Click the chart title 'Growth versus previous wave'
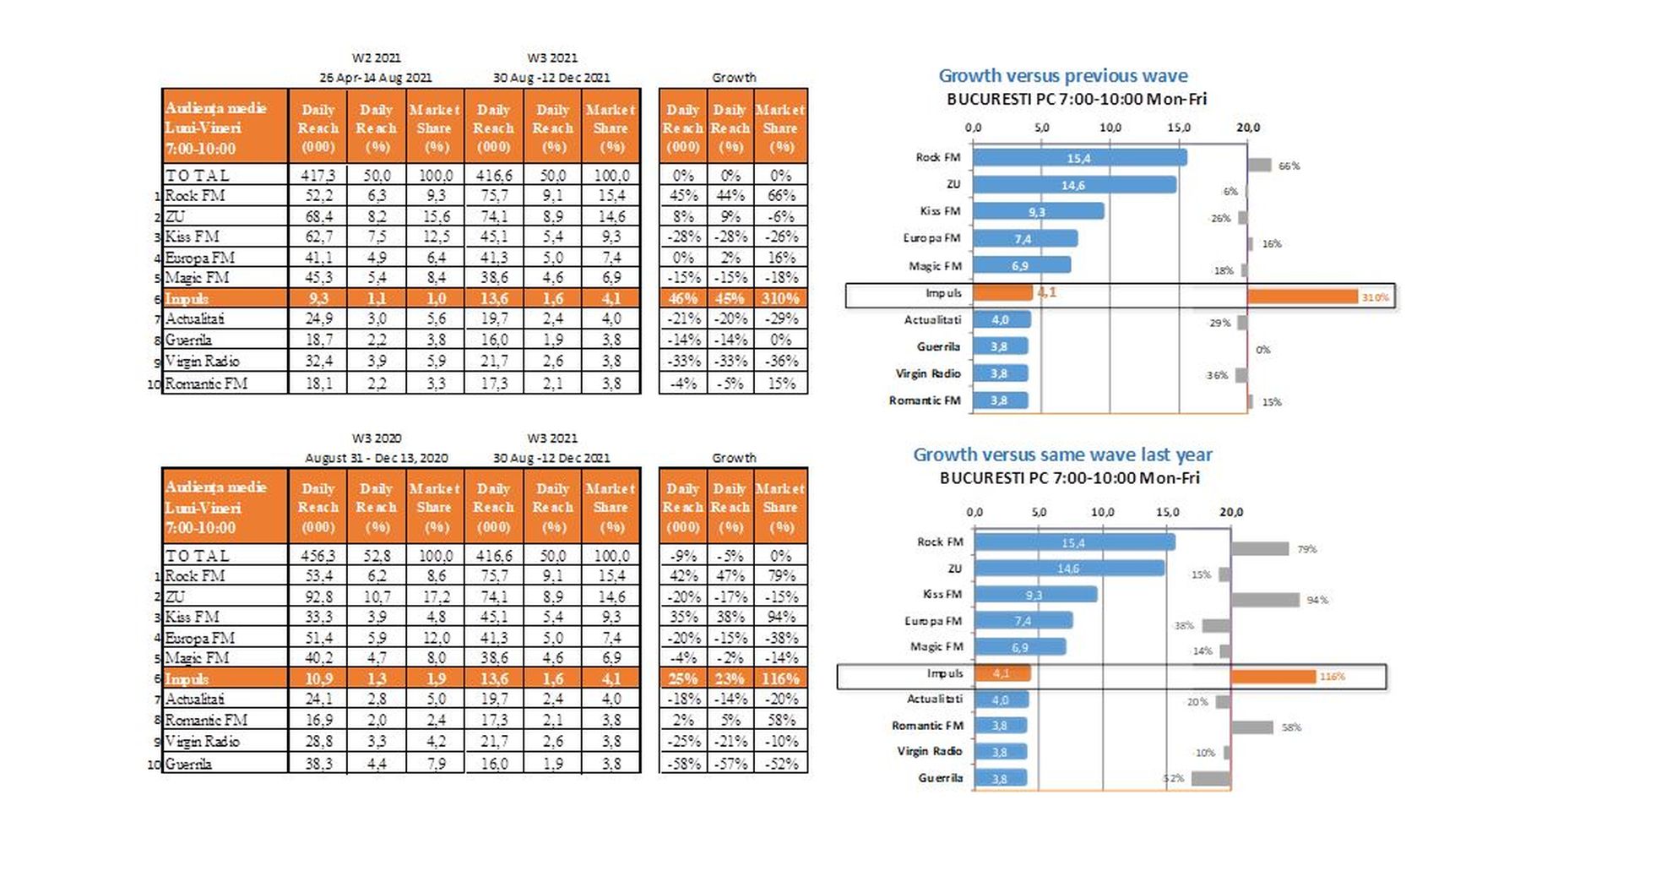[1062, 76]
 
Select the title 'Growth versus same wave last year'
[1062, 455]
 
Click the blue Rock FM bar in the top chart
[1079, 158]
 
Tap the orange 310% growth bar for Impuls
[1302, 297]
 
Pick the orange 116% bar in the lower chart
[1273, 677]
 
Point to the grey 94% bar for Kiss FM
[1264, 600]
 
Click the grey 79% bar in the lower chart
[1259, 549]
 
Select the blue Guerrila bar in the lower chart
[1000, 778]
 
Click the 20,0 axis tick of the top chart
[1247, 128]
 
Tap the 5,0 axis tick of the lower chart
[1039, 512]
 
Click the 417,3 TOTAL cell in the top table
[318, 176]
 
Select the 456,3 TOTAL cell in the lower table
[318, 556]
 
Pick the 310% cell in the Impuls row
[780, 298]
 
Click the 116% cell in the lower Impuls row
[780, 678]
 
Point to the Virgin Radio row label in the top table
[203, 362]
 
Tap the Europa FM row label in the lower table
[200, 638]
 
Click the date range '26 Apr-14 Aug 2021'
[376, 78]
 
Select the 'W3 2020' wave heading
[377, 438]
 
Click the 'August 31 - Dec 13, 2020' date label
[377, 458]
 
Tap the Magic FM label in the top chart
[935, 266]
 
